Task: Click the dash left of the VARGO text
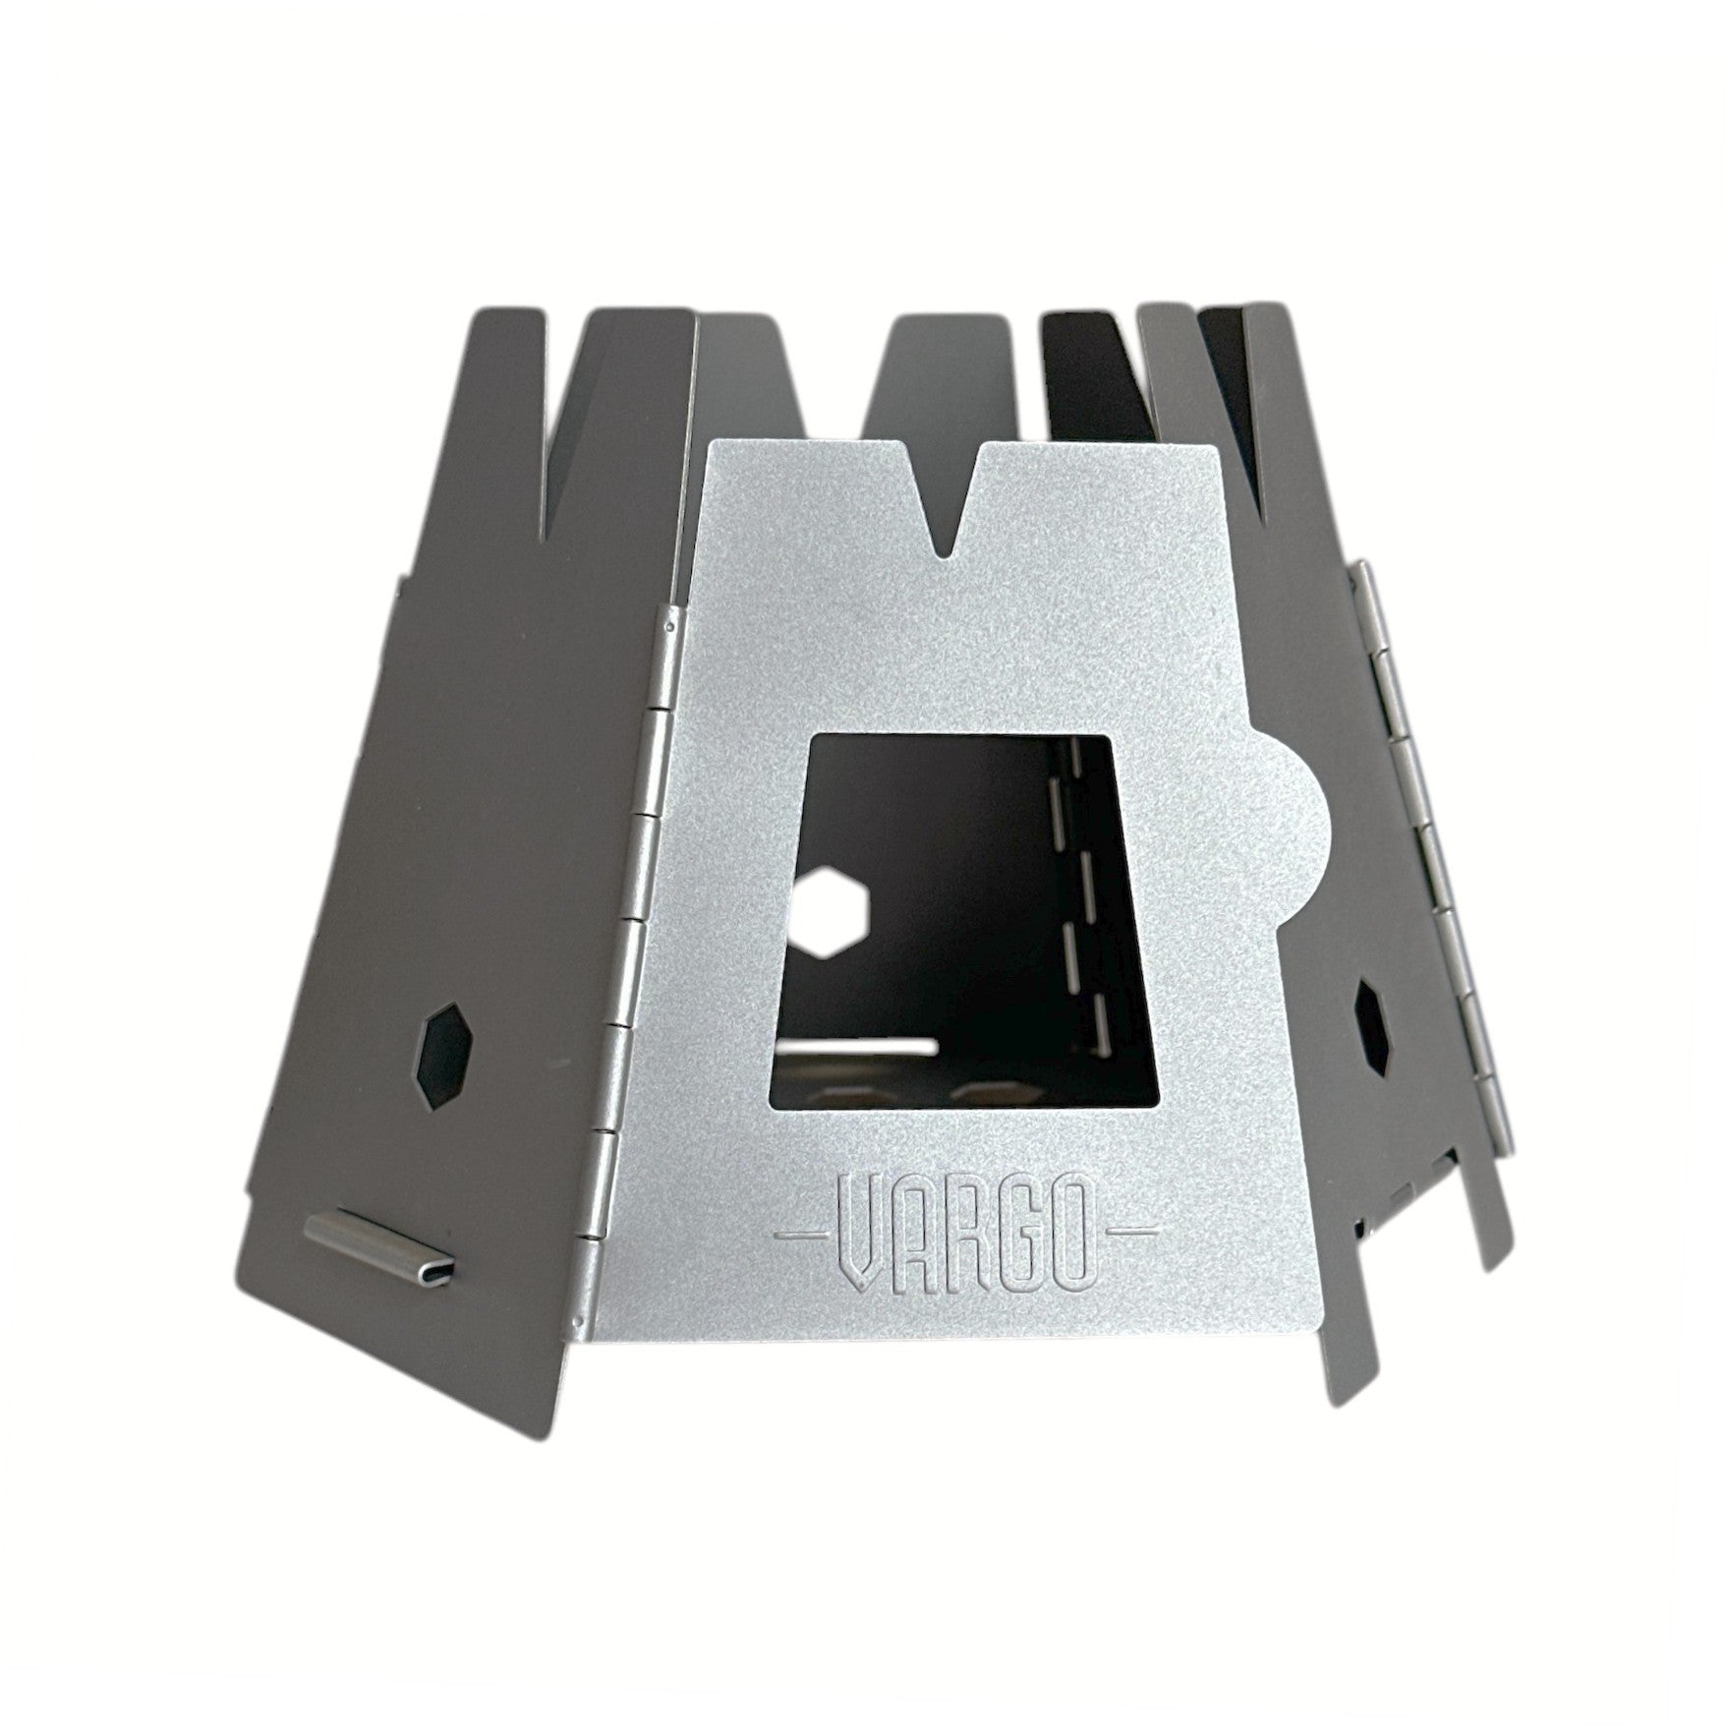(802, 1230)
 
